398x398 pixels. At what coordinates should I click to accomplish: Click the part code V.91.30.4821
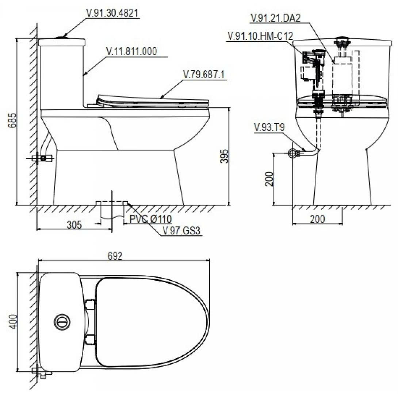(x=112, y=13)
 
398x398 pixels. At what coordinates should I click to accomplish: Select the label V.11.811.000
(x=131, y=51)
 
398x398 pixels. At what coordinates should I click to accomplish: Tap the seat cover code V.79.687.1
(x=204, y=74)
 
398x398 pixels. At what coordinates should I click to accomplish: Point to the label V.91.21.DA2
(x=276, y=18)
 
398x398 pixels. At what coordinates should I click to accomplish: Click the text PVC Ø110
(x=151, y=219)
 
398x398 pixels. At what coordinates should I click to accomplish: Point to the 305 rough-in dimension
(x=74, y=224)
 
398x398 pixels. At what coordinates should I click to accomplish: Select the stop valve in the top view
(x=41, y=373)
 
